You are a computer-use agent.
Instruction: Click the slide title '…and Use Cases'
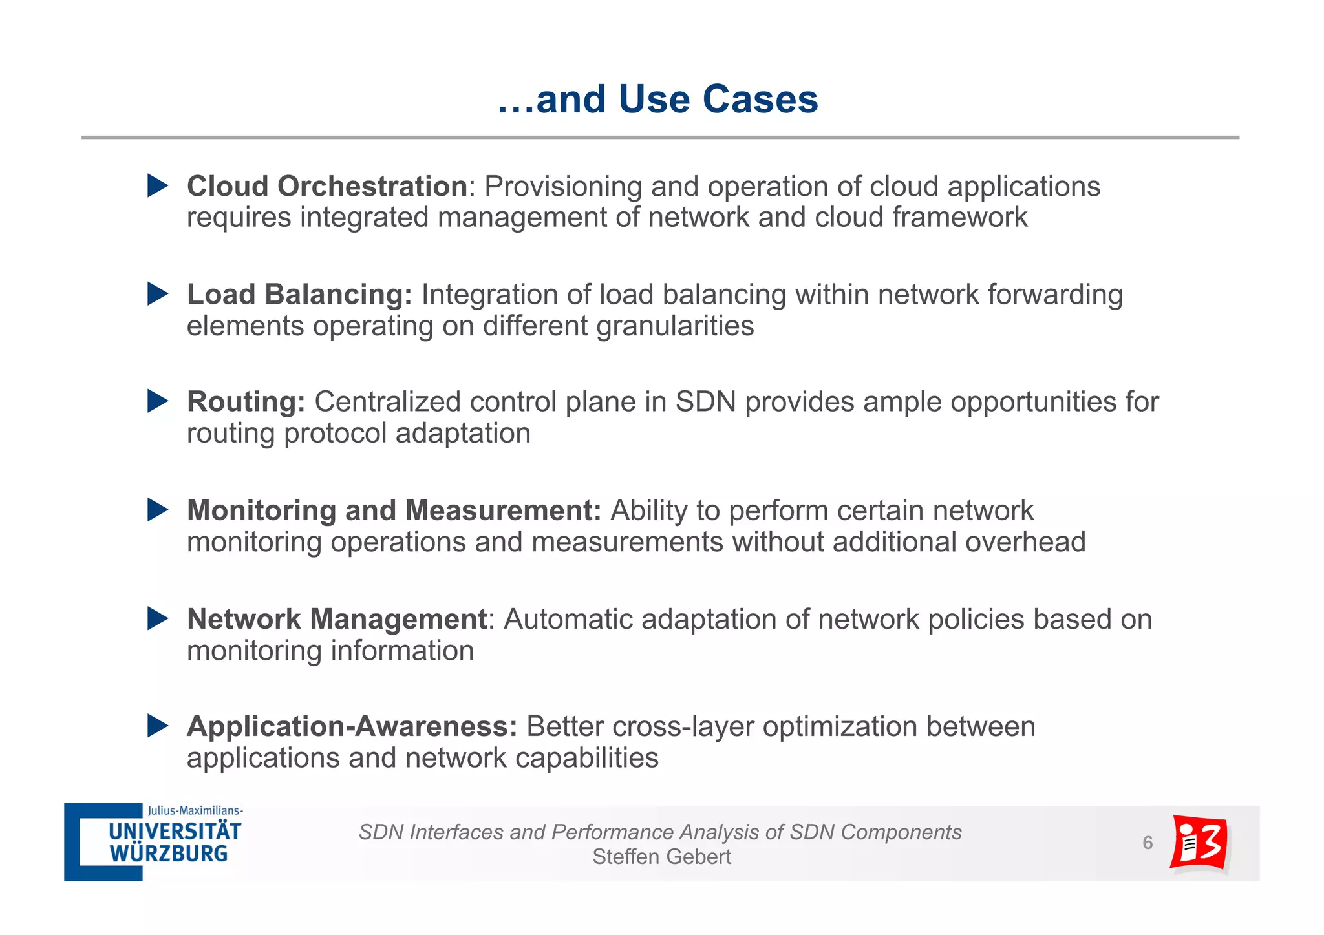point(657,100)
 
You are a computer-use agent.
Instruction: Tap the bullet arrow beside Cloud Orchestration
point(157,186)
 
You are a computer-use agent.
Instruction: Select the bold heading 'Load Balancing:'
point(299,295)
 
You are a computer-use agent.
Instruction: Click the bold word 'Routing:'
point(246,402)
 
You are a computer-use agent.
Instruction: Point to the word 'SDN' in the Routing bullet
point(705,402)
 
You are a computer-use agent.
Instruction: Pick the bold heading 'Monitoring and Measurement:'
point(394,510)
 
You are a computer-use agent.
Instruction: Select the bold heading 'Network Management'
point(336,619)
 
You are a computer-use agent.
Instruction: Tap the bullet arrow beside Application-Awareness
point(157,726)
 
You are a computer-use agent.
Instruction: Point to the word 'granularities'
point(675,326)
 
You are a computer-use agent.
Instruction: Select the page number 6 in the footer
point(1148,843)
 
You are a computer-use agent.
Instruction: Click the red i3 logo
point(1199,843)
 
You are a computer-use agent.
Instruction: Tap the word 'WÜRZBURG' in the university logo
point(169,854)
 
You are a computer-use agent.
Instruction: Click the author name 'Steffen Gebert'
point(661,857)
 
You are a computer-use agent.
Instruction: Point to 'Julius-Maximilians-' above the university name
point(195,810)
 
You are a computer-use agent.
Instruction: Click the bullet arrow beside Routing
point(157,401)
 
